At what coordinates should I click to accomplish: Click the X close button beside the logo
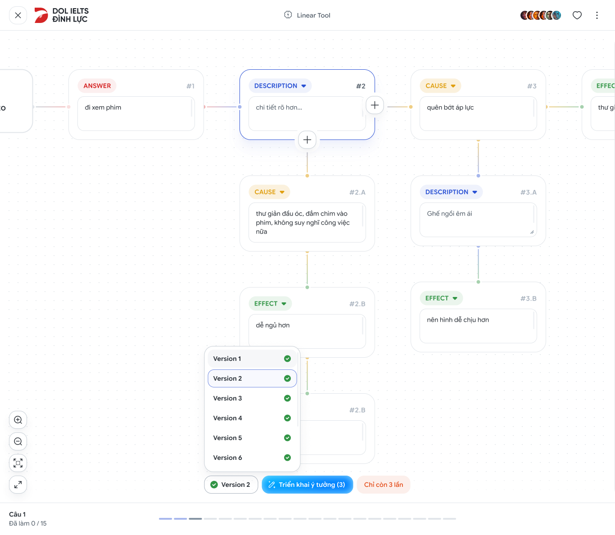[x=18, y=15]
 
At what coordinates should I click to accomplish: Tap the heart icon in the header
[x=577, y=15]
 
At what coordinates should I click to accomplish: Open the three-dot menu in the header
[x=597, y=15]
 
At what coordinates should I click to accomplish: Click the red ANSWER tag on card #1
[x=97, y=86]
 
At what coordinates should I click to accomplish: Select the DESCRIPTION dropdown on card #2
[x=280, y=86]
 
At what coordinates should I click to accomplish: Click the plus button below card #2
[x=307, y=139]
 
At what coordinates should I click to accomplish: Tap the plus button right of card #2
[x=375, y=105]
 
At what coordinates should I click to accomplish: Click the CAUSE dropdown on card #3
[x=440, y=86]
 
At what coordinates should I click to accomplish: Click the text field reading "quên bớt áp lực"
[x=478, y=113]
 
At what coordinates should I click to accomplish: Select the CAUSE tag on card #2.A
[x=269, y=192]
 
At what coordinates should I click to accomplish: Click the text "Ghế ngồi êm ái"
[x=449, y=214]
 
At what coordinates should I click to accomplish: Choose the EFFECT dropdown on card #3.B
[x=441, y=298]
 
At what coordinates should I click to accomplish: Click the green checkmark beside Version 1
[x=287, y=359]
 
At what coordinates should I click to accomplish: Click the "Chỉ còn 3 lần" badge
[x=383, y=485]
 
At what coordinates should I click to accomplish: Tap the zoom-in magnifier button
[x=18, y=420]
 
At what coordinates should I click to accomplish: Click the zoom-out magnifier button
[x=18, y=441]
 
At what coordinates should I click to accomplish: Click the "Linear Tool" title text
[x=313, y=15]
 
